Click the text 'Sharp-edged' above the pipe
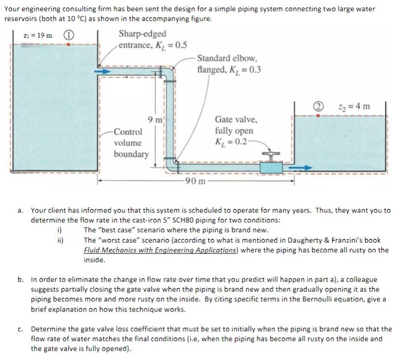click(142, 34)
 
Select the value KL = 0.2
click(233, 142)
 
